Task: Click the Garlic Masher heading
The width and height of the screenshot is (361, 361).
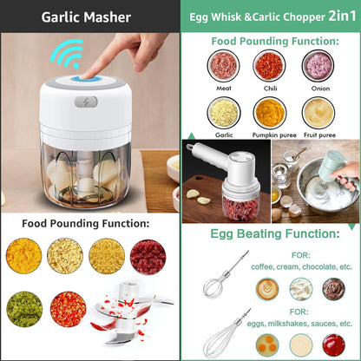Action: tap(89, 16)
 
